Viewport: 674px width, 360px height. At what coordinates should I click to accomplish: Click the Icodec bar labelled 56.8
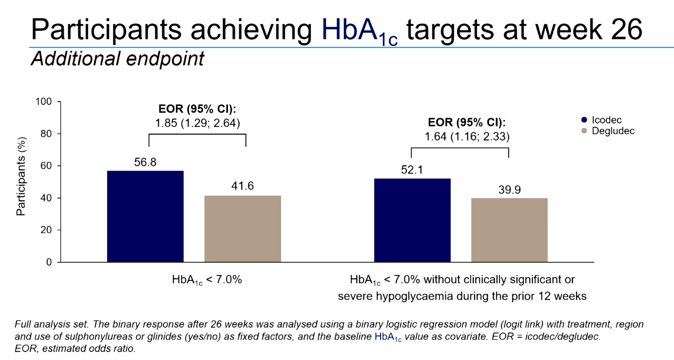click(x=145, y=216)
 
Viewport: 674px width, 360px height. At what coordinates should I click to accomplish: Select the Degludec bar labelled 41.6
click(x=243, y=229)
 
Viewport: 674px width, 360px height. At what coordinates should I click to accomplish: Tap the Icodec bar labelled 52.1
click(x=412, y=220)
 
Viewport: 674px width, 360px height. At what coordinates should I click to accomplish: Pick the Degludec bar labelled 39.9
click(x=509, y=230)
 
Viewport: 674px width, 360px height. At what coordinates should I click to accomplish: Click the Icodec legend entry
click(x=606, y=120)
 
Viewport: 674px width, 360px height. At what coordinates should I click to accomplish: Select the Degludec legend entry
click(x=612, y=131)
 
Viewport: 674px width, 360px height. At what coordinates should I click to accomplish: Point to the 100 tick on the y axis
click(x=44, y=102)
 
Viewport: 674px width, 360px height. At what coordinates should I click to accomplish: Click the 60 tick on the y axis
click(x=46, y=165)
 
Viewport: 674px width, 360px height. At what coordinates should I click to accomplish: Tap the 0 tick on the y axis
click(x=49, y=262)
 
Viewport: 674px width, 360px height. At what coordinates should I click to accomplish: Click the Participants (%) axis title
click(x=21, y=176)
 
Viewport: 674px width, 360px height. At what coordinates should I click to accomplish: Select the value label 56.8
click(x=145, y=162)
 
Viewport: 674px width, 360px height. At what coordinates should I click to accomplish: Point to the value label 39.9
click(x=509, y=190)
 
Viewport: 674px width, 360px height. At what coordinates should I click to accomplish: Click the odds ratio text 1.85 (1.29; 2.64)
click(x=197, y=123)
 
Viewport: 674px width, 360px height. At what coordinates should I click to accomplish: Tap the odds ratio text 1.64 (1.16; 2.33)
click(x=467, y=136)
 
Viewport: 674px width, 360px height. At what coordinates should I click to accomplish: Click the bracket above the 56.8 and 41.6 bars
click(x=197, y=134)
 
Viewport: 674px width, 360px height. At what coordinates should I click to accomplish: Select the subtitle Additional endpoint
click(x=118, y=59)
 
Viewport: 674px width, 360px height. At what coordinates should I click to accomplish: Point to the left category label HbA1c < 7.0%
click(x=207, y=280)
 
